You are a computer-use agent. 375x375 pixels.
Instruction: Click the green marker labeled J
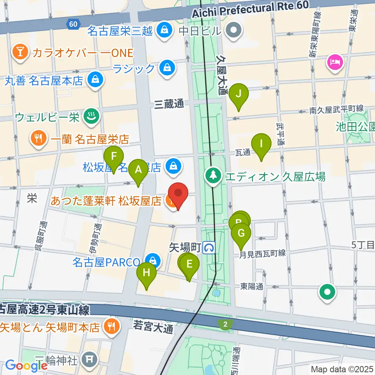pyautogui.click(x=241, y=94)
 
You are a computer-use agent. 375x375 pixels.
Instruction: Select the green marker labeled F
pyautogui.click(x=114, y=156)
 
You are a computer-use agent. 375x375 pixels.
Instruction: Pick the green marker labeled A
pyautogui.click(x=138, y=170)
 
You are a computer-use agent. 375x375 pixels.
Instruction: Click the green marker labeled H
pyautogui.click(x=146, y=272)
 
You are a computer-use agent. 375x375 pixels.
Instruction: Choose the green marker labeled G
pyautogui.click(x=241, y=233)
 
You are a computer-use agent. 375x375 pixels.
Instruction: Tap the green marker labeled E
pyautogui.click(x=189, y=264)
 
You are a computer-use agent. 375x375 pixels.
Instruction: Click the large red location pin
pyautogui.click(x=178, y=193)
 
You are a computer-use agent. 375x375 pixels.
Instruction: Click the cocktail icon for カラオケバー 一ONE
pyautogui.click(x=19, y=52)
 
